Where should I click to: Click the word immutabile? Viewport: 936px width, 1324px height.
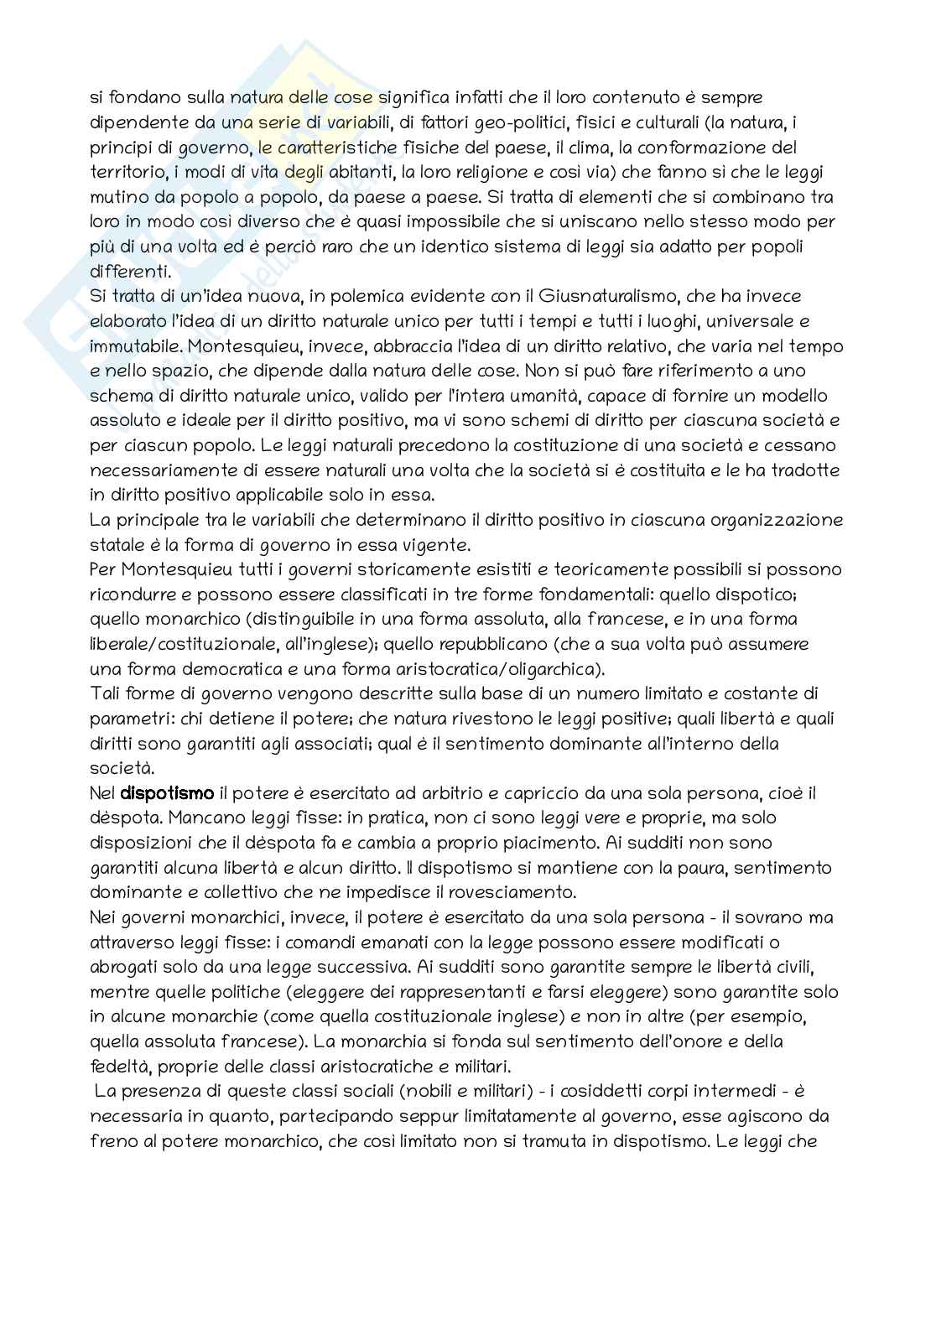[x=133, y=346]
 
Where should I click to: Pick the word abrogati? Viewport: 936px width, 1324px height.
[x=129, y=966]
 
